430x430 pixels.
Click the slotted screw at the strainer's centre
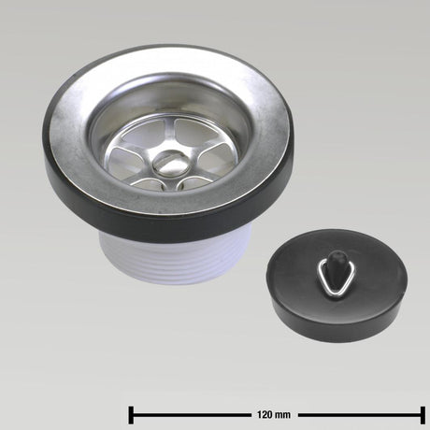(x=169, y=162)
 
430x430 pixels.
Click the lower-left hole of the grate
(x=149, y=185)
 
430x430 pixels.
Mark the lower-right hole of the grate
(x=195, y=184)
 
